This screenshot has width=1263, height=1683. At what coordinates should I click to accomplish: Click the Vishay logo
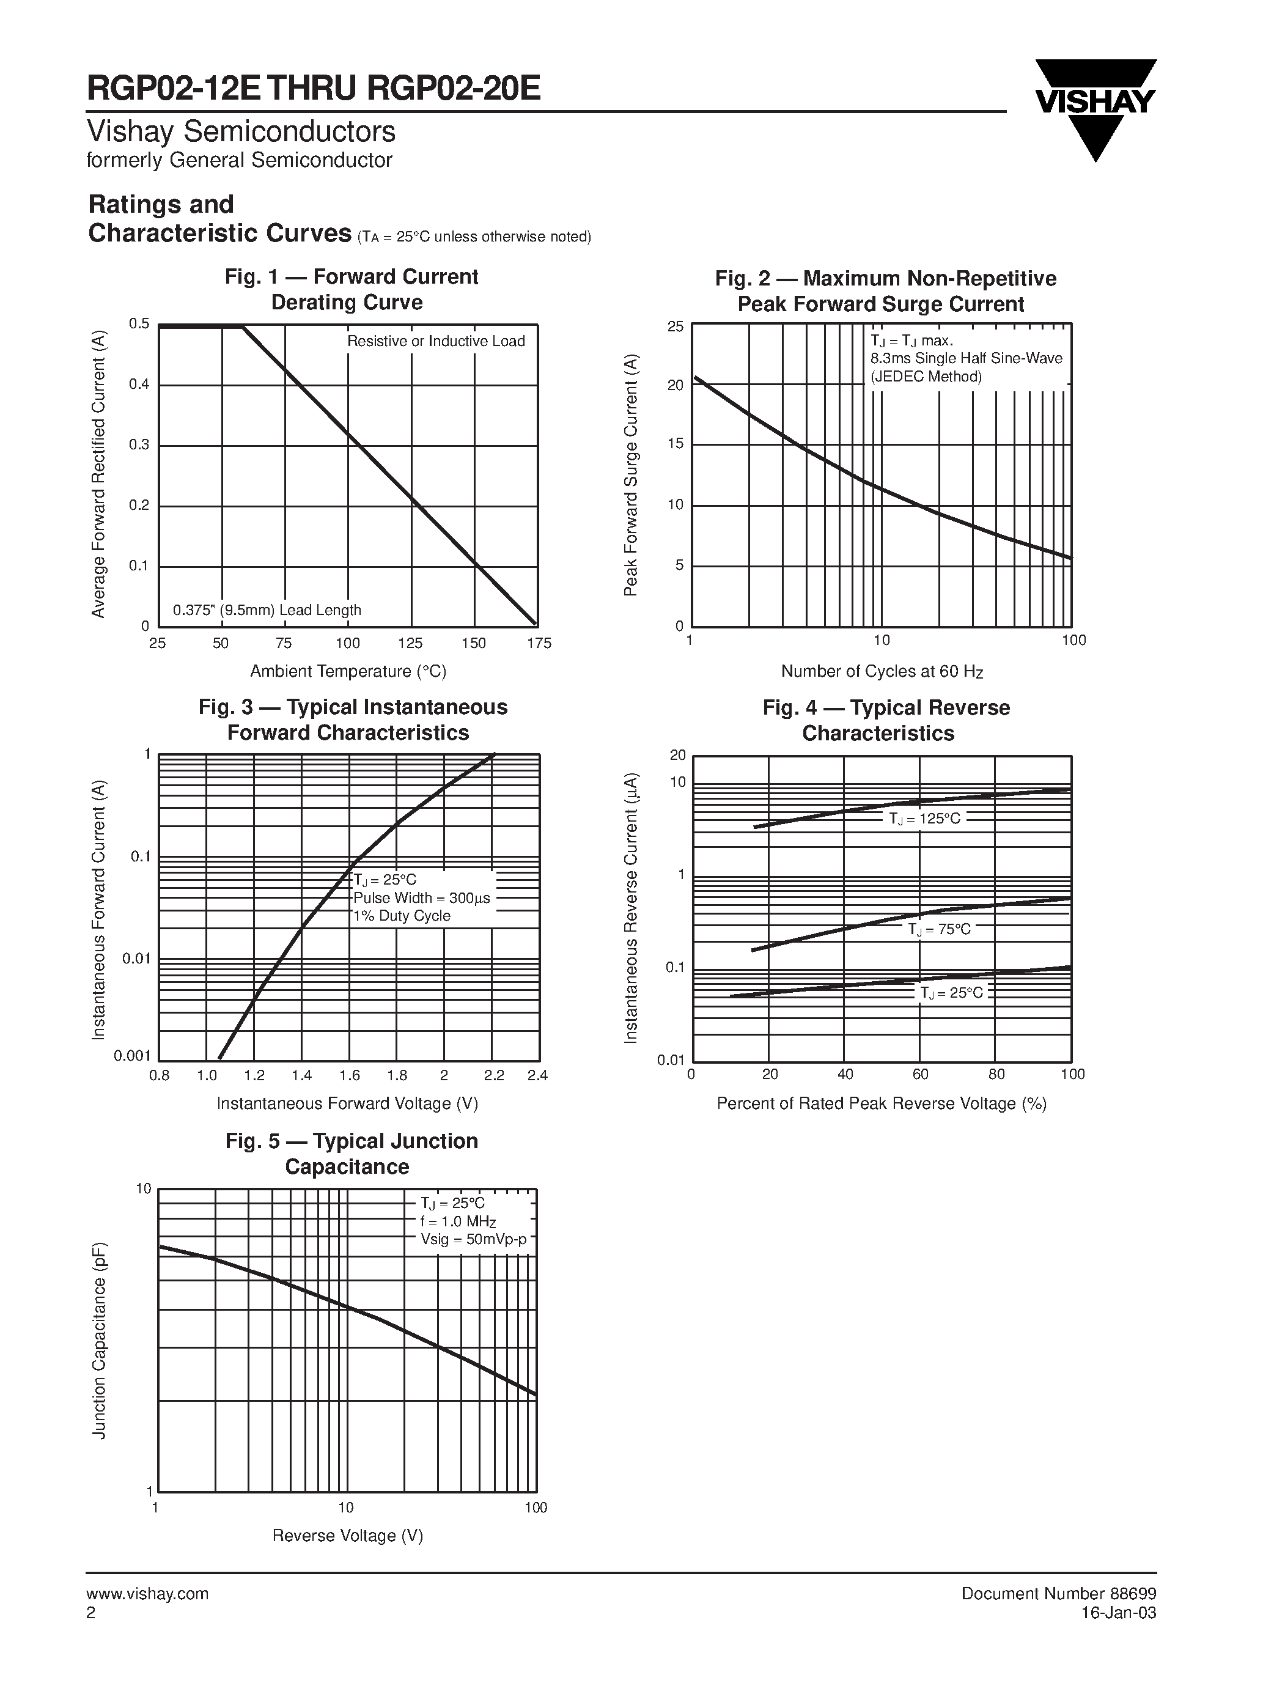tap(1095, 109)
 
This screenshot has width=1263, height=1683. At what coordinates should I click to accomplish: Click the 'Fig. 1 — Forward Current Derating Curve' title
tap(351, 289)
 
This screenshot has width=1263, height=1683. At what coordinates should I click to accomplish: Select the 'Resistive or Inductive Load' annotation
tap(436, 341)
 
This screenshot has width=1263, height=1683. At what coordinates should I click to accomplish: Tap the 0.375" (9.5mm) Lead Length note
tap(267, 610)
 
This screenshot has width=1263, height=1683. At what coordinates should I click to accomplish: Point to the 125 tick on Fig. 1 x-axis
tap(410, 644)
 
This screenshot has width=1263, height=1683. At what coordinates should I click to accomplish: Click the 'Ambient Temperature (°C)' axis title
tap(348, 671)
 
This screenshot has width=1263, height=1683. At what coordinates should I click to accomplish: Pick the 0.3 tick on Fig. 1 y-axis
tap(139, 444)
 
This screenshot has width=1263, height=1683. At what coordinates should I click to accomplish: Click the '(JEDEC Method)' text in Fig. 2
tap(927, 377)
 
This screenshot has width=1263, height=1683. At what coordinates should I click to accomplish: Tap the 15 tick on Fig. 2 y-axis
tap(676, 444)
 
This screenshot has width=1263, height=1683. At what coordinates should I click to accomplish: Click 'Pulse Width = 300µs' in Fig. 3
tap(421, 898)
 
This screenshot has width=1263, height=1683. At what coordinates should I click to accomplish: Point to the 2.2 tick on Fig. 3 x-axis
tap(494, 1076)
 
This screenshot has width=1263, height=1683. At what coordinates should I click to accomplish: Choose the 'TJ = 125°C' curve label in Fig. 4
tap(925, 819)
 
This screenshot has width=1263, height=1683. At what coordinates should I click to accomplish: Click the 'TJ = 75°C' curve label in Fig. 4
tap(940, 929)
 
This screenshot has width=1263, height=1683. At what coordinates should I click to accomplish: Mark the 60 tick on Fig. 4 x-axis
tap(921, 1074)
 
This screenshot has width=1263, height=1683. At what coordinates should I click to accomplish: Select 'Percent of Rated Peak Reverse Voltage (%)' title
tap(882, 1103)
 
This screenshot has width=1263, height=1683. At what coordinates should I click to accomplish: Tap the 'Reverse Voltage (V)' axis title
tap(348, 1536)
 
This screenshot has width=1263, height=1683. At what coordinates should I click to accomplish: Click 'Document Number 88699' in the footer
tap(1059, 1593)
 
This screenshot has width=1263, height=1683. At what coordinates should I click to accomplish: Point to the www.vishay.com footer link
tap(147, 1594)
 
